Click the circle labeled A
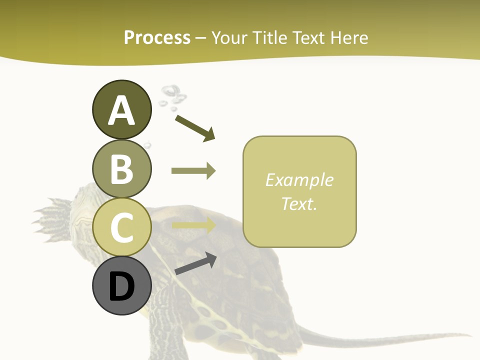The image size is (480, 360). pos(121,109)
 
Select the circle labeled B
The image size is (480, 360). pos(121,168)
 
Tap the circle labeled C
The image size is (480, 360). pos(121,227)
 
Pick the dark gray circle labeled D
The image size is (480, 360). pos(121,286)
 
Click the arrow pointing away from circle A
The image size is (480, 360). pos(195,128)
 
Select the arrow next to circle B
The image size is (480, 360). pos(193,171)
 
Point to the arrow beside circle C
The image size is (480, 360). pos(193,225)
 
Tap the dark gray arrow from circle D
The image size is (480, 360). pos(196,263)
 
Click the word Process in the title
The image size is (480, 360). pos(157,37)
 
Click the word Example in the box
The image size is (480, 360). pos(299,180)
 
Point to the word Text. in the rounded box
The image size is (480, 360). pos(299,204)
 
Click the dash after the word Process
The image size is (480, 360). pos(201,38)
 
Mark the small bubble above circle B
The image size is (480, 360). pos(147,145)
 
